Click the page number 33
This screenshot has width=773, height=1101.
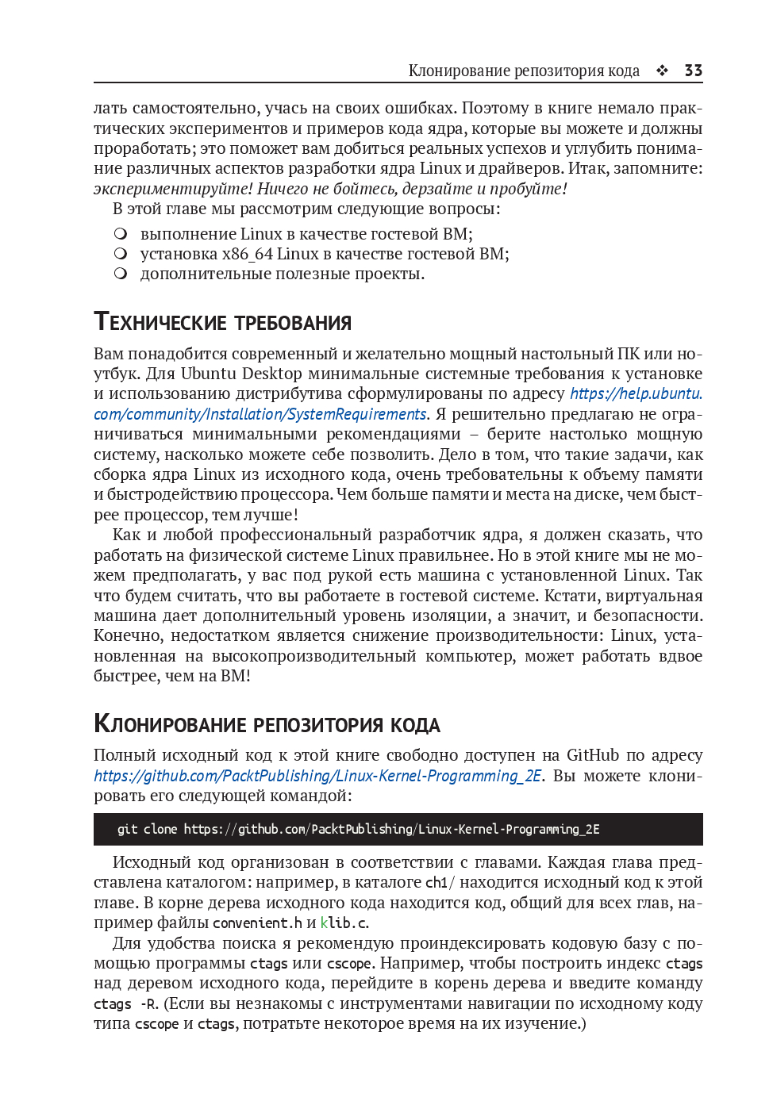(x=693, y=71)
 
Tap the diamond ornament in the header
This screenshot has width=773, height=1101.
(x=662, y=71)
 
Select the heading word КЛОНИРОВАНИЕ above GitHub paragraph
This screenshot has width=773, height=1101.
(x=171, y=724)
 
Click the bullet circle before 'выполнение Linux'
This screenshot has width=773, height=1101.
(x=121, y=234)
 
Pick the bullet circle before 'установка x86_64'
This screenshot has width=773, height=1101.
(x=121, y=254)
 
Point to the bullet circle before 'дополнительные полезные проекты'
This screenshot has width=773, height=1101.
(x=121, y=274)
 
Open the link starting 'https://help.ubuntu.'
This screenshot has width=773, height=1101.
(x=636, y=393)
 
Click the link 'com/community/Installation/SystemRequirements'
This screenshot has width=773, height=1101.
(x=260, y=414)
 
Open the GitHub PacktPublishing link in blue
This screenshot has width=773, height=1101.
(x=317, y=776)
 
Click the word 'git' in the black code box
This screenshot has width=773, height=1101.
(x=127, y=829)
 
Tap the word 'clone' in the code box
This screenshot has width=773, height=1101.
(x=160, y=829)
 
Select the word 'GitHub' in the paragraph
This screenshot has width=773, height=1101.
(x=593, y=755)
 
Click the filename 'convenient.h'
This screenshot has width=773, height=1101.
(x=257, y=923)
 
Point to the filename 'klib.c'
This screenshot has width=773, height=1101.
(x=344, y=923)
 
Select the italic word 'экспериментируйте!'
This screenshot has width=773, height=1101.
(x=173, y=189)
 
